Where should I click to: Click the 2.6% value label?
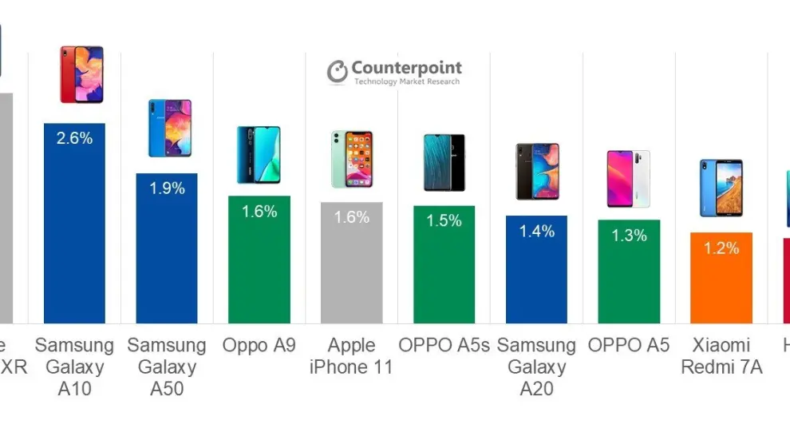click(74, 138)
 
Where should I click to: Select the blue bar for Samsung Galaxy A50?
click(166, 256)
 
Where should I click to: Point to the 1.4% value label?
click(536, 232)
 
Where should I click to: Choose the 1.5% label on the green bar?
click(444, 220)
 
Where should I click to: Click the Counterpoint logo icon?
click(337, 72)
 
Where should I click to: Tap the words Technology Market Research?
click(406, 82)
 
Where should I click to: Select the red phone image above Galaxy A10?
click(81, 74)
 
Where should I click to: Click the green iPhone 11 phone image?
click(352, 159)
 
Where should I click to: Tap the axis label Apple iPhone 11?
click(351, 356)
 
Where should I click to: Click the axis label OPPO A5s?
click(444, 346)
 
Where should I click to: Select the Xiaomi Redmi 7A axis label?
click(721, 356)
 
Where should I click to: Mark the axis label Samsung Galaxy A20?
click(536, 367)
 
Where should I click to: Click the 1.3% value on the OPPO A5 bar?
click(629, 236)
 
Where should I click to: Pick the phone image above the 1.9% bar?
click(169, 128)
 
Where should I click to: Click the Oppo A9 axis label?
click(259, 346)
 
